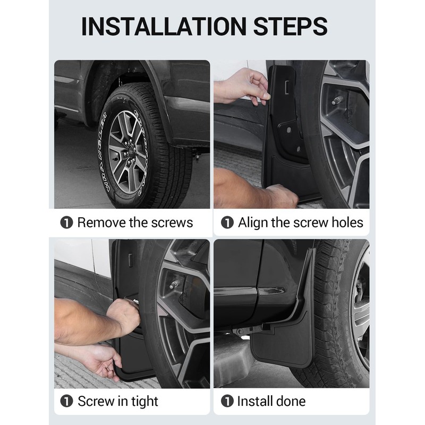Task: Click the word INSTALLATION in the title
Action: point(164,26)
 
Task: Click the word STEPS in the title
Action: point(290,26)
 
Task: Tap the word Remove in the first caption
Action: point(101,223)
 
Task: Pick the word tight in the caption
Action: point(144,402)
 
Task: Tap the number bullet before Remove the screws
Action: point(66,223)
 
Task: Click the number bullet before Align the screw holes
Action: point(227,223)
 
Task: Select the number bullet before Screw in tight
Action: point(66,401)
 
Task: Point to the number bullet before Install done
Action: point(227,401)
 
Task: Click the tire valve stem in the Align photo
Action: point(337,100)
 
